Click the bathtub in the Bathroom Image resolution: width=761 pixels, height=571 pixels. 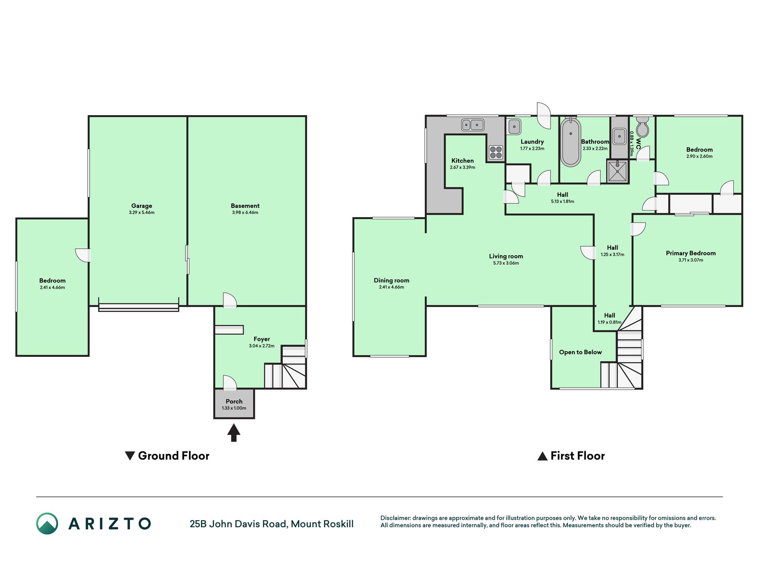click(570, 142)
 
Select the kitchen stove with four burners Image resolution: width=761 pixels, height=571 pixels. click(496, 153)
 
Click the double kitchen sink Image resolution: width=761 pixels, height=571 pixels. click(473, 125)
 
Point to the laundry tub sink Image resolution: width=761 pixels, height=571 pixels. click(514, 127)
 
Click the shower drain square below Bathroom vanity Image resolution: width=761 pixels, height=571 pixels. click(617, 171)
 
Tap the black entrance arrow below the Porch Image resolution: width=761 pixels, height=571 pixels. click(234, 432)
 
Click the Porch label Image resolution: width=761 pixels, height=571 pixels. click(234, 401)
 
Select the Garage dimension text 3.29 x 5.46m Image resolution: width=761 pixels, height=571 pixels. click(142, 213)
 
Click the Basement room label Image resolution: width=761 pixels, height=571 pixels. click(245, 206)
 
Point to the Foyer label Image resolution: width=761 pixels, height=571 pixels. click(262, 339)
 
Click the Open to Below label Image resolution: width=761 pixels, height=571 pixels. click(580, 352)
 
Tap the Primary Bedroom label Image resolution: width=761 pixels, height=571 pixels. click(691, 253)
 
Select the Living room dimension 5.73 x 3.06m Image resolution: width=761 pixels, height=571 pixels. click(506, 263)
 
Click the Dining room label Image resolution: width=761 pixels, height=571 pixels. click(391, 281)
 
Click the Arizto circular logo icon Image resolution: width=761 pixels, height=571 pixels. click(47, 524)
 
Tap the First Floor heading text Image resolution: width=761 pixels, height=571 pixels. click(577, 456)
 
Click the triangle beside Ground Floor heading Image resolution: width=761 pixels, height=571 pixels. click(130, 456)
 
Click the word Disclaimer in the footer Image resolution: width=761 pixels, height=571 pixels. click(395, 518)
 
